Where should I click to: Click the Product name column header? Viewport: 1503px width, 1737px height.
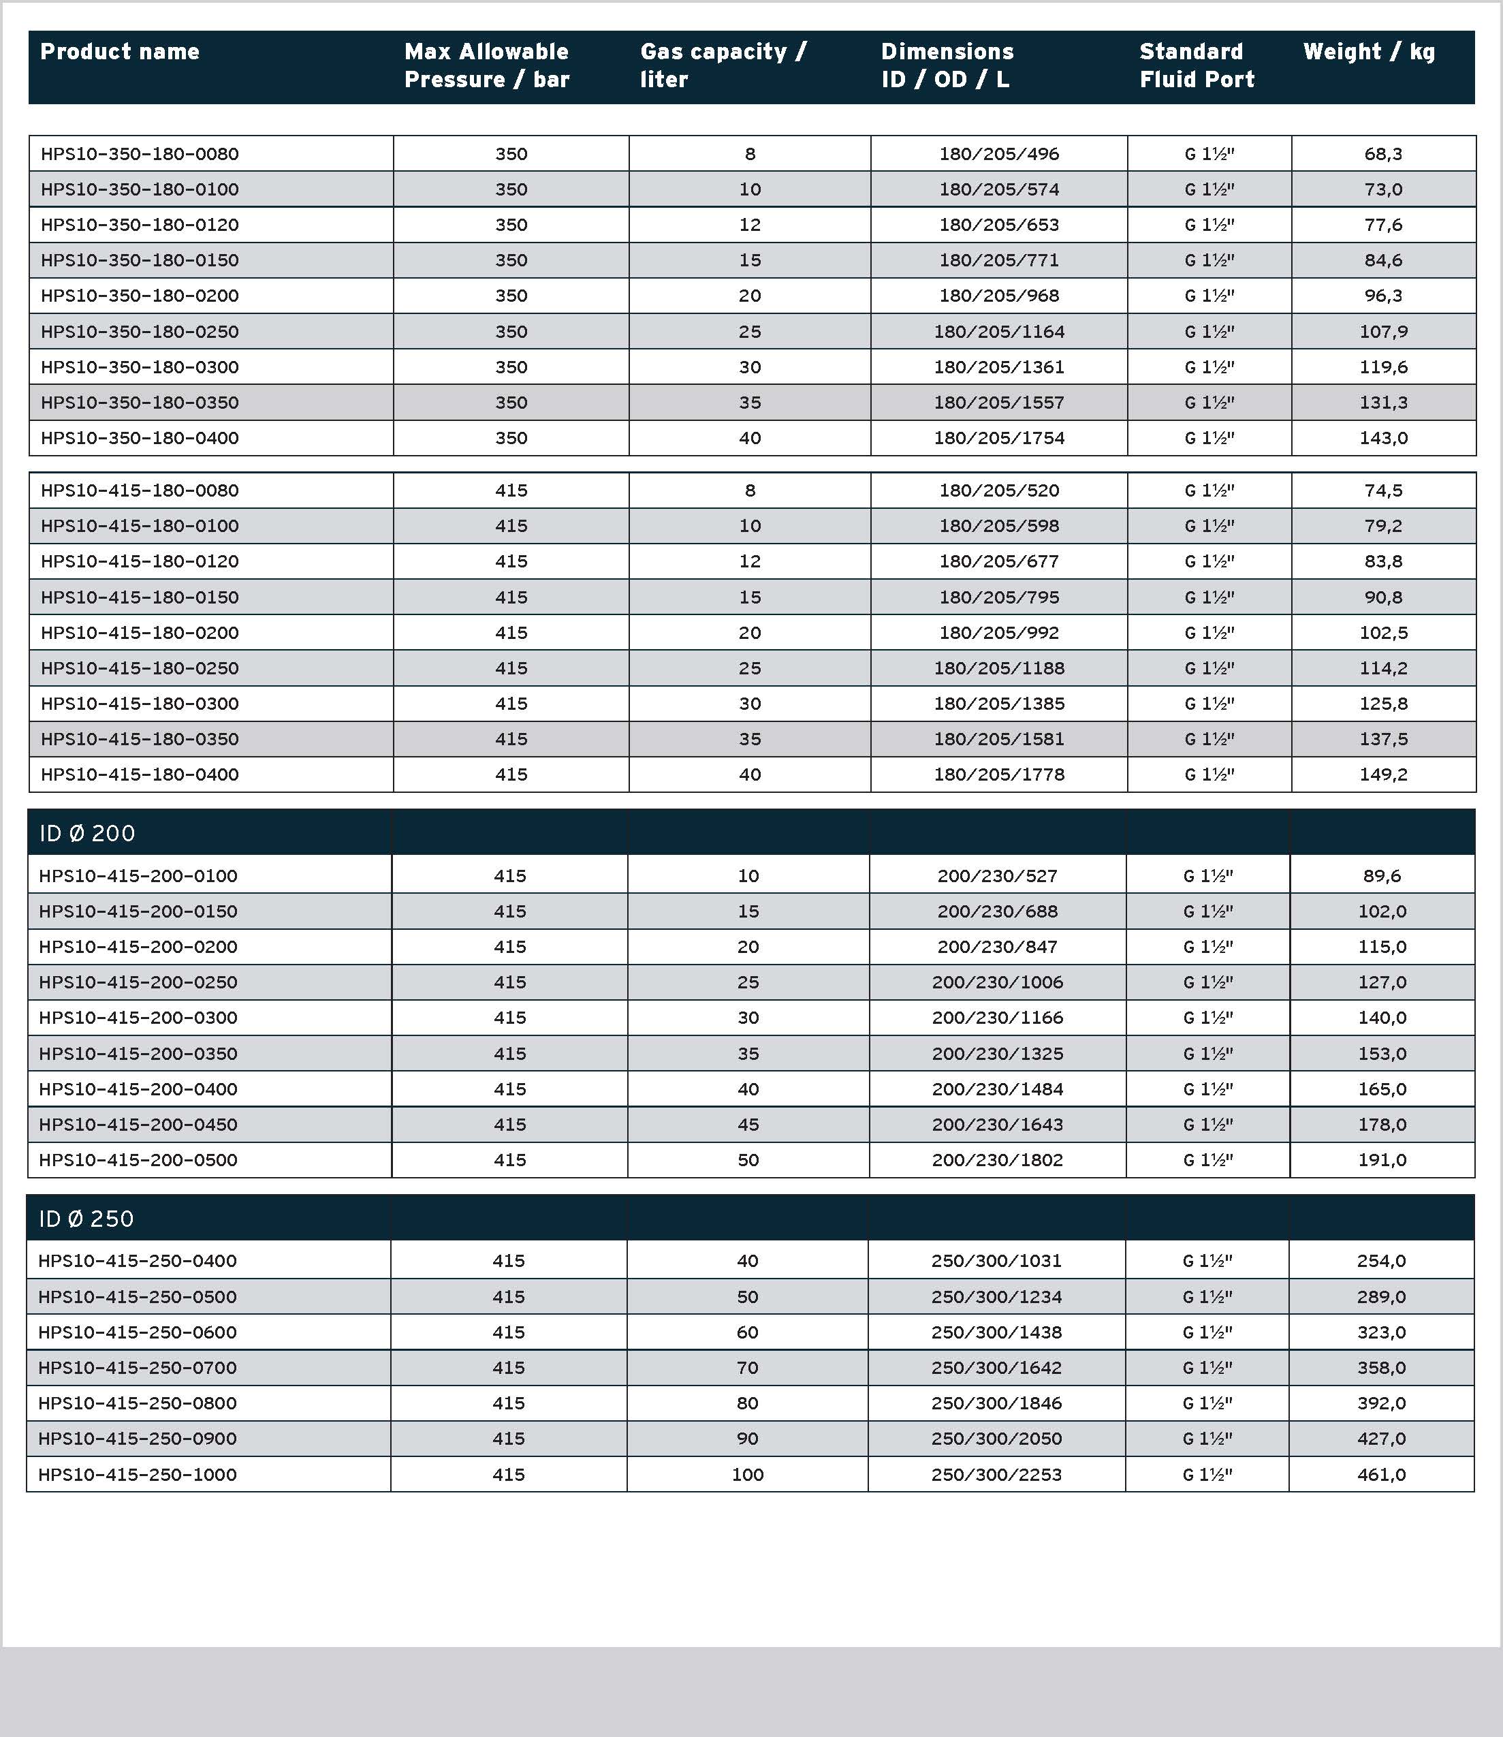(x=120, y=52)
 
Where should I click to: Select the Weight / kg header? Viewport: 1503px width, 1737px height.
(x=1369, y=52)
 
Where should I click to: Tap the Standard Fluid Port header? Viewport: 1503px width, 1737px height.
(x=1197, y=65)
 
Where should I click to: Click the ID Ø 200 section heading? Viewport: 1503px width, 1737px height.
(x=87, y=833)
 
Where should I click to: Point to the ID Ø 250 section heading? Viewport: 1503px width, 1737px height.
(x=86, y=1219)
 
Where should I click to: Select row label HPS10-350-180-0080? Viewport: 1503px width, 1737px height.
(x=140, y=153)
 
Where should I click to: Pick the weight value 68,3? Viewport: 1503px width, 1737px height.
(x=1383, y=153)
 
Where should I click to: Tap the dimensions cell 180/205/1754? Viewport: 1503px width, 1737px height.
(x=999, y=438)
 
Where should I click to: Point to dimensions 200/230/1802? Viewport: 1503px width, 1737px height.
(x=997, y=1160)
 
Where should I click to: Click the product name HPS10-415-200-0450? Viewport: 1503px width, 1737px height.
(x=138, y=1124)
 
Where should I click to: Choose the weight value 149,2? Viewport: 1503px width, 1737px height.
(x=1383, y=774)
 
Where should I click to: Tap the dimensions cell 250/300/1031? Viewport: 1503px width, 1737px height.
(x=996, y=1261)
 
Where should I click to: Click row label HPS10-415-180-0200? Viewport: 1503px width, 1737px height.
(x=140, y=632)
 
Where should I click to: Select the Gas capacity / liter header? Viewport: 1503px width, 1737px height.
(x=723, y=65)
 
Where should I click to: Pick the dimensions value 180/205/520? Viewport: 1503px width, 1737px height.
(x=999, y=490)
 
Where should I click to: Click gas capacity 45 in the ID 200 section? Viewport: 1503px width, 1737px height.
(x=748, y=1124)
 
